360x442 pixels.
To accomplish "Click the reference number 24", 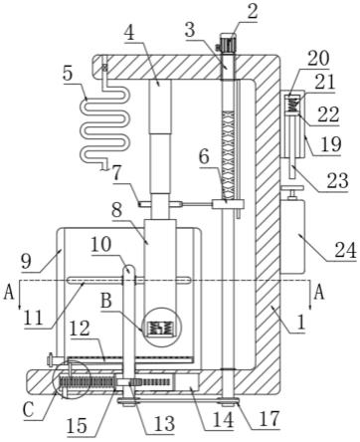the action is tap(345, 250).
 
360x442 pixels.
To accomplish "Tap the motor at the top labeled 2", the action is tap(227, 43).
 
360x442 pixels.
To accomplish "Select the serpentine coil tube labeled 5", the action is tap(103, 114).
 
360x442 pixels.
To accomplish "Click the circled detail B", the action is tap(161, 327).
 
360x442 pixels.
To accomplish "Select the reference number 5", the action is tap(68, 74).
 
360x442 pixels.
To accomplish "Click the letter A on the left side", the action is tap(9, 293).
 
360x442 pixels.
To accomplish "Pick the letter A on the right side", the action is tap(319, 293).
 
